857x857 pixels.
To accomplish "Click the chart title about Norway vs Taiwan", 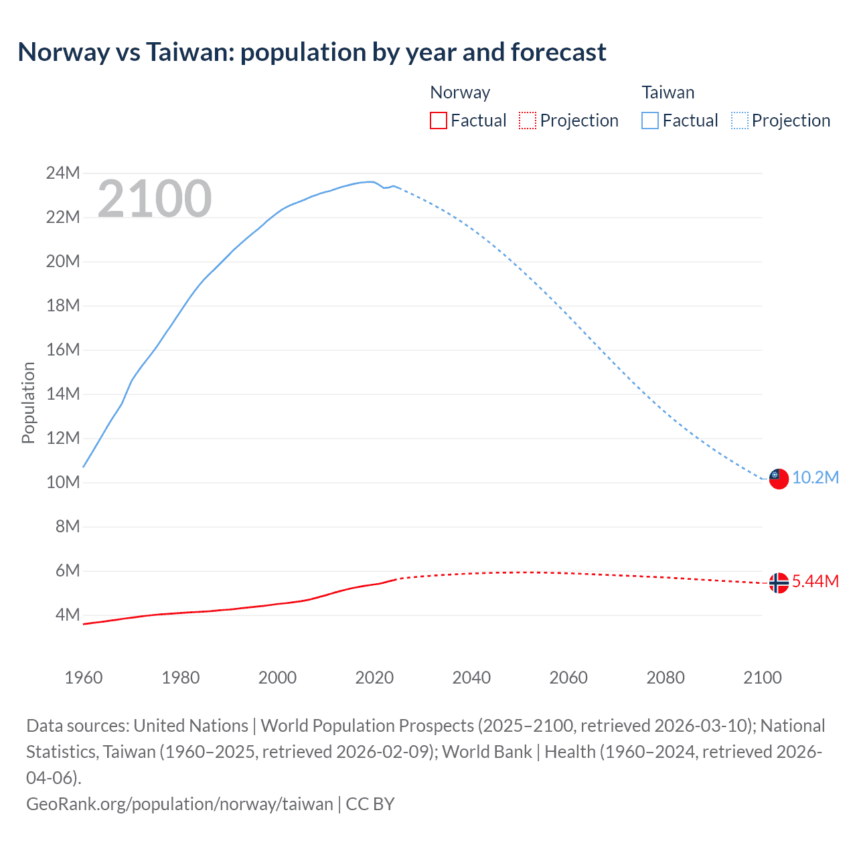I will coord(312,52).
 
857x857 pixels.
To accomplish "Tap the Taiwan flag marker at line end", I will coord(779,478).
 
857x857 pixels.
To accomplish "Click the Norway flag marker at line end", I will coord(779,583).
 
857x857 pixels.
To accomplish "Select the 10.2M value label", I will coord(815,478).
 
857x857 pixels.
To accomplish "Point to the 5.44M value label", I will coord(815,582).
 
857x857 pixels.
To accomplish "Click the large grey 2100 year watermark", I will coord(155,199).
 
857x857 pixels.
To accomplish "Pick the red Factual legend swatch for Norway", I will coord(439,121).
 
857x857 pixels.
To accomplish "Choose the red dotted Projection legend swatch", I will coord(528,121).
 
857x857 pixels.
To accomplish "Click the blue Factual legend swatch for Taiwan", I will coord(650,121).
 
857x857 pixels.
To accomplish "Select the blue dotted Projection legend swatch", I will coord(740,121).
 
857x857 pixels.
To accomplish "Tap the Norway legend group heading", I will coord(460,92).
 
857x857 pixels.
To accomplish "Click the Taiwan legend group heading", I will coord(668,92).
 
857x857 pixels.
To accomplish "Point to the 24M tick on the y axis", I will coord(63,173).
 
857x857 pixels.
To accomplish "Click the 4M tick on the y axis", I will coord(67,615).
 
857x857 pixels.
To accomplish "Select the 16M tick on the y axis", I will coord(63,349).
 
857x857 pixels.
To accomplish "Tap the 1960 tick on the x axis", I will coord(84,678).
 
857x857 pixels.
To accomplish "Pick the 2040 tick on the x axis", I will coord(471,678).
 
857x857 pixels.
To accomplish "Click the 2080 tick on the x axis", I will coord(666,678).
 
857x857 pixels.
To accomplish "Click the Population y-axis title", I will coord(28,402).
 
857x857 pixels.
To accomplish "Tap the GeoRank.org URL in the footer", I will coord(179,804).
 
